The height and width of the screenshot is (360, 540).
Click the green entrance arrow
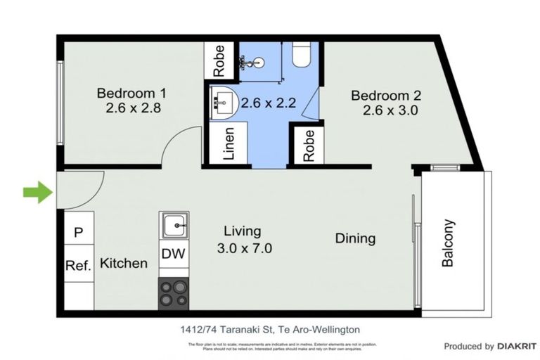coord(37,191)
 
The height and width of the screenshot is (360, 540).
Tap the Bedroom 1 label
coord(131,93)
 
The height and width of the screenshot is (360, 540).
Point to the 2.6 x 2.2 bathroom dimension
coord(268,103)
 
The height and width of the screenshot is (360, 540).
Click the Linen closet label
coord(229,144)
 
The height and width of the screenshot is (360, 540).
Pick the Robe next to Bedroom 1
coord(219,60)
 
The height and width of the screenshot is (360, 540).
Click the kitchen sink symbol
coord(174,226)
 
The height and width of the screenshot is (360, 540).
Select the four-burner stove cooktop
coord(173,293)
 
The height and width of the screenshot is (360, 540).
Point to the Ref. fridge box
coord(78,265)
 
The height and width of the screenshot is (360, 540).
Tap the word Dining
coord(355,238)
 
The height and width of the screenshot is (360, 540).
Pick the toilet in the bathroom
coord(300,55)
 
